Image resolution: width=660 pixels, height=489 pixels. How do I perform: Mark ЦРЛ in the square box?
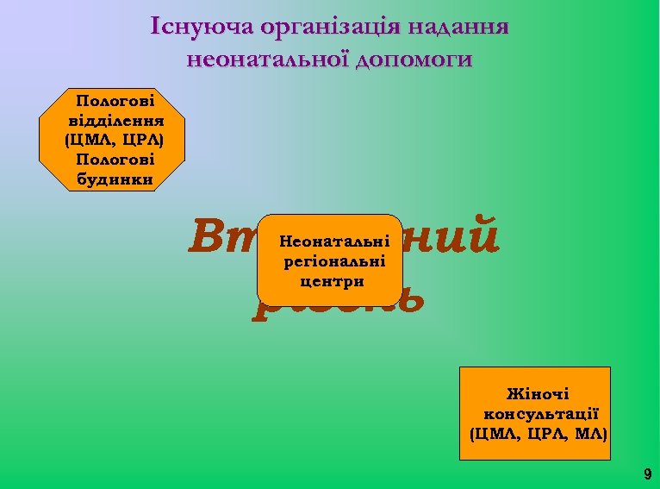[x=542, y=431]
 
